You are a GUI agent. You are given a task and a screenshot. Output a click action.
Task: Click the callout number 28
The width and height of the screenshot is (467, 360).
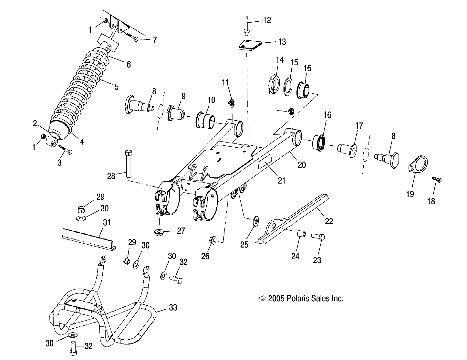pos(111,176)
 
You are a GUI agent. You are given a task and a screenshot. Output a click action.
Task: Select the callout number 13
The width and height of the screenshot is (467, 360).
pos(282,42)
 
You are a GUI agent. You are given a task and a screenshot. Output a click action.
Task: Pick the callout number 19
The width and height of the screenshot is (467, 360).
pos(410,194)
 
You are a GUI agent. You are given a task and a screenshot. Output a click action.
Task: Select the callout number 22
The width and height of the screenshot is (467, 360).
pos(329,221)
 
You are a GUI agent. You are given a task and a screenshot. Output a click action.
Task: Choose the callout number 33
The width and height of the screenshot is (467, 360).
pos(173,307)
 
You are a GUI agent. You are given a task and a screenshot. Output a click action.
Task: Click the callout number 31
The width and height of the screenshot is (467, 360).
pos(107,222)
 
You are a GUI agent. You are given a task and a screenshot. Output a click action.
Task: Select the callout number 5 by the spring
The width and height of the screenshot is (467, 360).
pos(116,87)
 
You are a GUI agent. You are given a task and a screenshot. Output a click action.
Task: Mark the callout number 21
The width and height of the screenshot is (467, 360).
pos(282,180)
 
